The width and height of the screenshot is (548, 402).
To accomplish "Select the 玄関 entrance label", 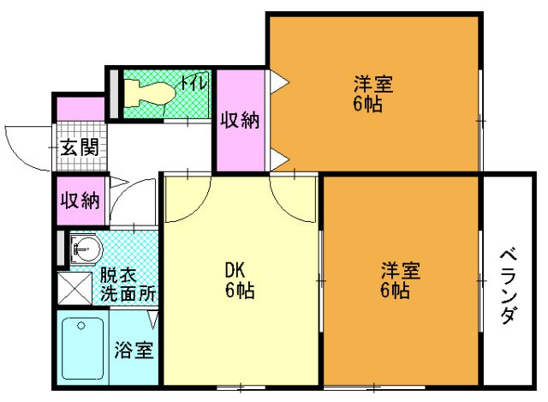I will [79, 147].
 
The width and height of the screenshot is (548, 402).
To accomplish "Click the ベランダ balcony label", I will [508, 286].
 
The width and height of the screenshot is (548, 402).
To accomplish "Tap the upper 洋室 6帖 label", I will [373, 94].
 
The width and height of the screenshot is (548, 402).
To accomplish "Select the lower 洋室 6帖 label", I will [400, 281].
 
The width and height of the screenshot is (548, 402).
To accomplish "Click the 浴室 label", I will [134, 350].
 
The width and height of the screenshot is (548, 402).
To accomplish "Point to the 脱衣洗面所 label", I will [128, 285].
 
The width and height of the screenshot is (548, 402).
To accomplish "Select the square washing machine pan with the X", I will [74, 288].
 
